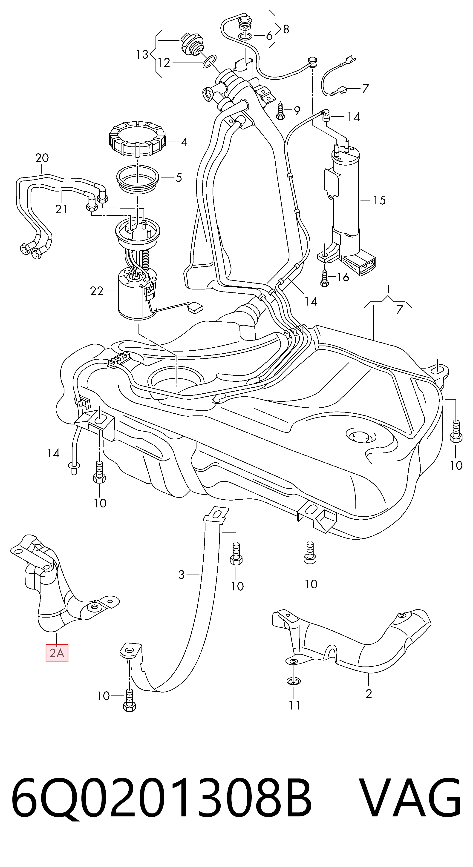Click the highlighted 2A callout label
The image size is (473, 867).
tap(57, 653)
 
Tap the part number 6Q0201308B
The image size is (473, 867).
tap(162, 797)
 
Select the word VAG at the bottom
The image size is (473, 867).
tap(409, 797)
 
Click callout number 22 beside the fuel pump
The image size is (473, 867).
tap(97, 291)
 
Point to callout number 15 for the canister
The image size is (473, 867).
tap(379, 200)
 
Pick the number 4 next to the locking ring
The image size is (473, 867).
tap(184, 142)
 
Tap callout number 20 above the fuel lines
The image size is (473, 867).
tap(42, 158)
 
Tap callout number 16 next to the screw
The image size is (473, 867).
tap(343, 277)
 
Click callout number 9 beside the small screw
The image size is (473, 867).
tap(297, 110)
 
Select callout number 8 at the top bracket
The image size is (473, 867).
tap(286, 29)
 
